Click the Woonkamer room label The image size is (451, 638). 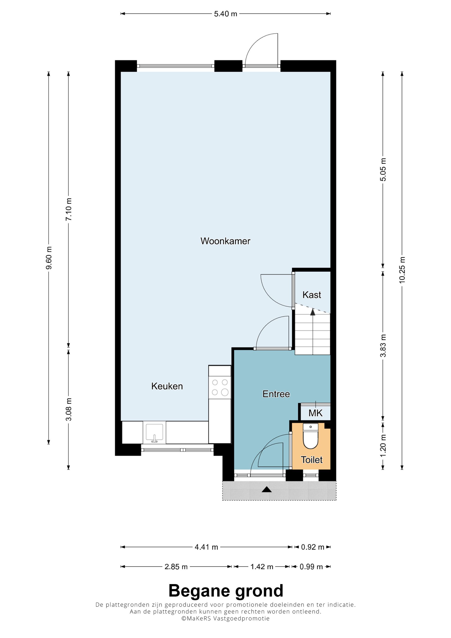click(225, 241)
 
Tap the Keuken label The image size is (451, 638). click(167, 386)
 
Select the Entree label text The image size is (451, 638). click(276, 394)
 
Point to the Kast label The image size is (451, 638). click(312, 295)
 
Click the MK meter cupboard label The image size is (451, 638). click(315, 413)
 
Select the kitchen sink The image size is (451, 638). click(154, 433)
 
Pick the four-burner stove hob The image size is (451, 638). click(220, 387)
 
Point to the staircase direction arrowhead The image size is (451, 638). click(313, 312)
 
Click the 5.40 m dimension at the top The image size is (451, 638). click(225, 14)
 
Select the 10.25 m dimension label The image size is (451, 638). click(402, 270)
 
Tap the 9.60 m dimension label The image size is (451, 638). click(49, 258)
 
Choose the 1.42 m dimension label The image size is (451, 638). click(262, 567)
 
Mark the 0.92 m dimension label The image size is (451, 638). click(313, 547)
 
